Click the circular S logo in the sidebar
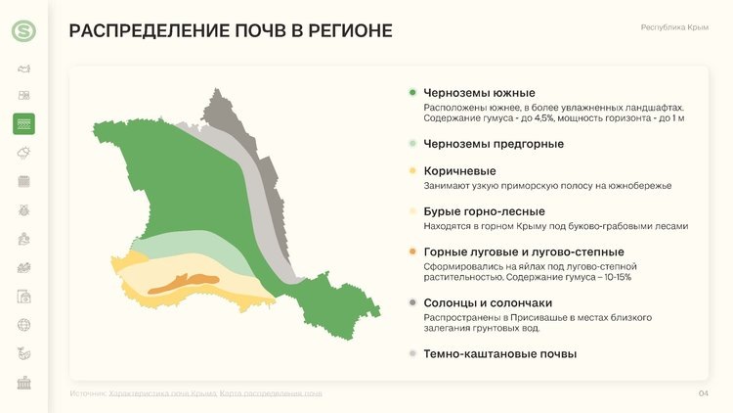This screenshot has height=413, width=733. [x=23, y=31]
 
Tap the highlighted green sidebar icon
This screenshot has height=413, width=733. [x=23, y=123]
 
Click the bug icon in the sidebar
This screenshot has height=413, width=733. [x=23, y=209]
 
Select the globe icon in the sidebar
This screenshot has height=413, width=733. [x=23, y=324]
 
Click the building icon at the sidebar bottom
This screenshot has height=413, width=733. [x=23, y=382]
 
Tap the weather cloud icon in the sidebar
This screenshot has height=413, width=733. [x=23, y=152]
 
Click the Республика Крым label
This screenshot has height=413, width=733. [x=674, y=28]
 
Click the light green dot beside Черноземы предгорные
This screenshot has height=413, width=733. [x=413, y=144]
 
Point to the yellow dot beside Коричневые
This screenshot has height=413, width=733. [x=413, y=171]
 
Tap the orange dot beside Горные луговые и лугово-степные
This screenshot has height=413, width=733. [x=413, y=252]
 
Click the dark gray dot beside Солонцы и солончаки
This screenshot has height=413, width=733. [x=413, y=303]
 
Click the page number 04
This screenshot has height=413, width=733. [x=702, y=393]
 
